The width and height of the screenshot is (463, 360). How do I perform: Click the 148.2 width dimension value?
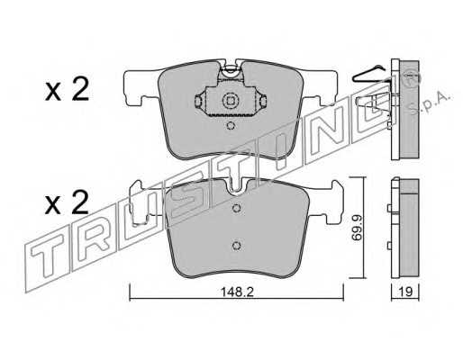(x=237, y=292)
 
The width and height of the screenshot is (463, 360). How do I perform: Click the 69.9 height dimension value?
(x=357, y=228)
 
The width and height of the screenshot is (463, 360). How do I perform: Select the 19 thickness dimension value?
(x=405, y=292)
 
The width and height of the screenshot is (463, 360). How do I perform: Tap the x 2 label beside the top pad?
(x=67, y=89)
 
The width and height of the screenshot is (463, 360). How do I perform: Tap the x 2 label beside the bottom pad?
(x=67, y=202)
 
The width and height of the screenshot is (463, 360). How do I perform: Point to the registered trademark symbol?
(x=412, y=78)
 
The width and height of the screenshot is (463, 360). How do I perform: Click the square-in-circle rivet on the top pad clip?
(x=230, y=101)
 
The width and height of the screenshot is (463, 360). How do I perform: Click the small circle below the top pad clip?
(x=231, y=125)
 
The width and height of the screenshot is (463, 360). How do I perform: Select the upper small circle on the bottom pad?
(x=237, y=208)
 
